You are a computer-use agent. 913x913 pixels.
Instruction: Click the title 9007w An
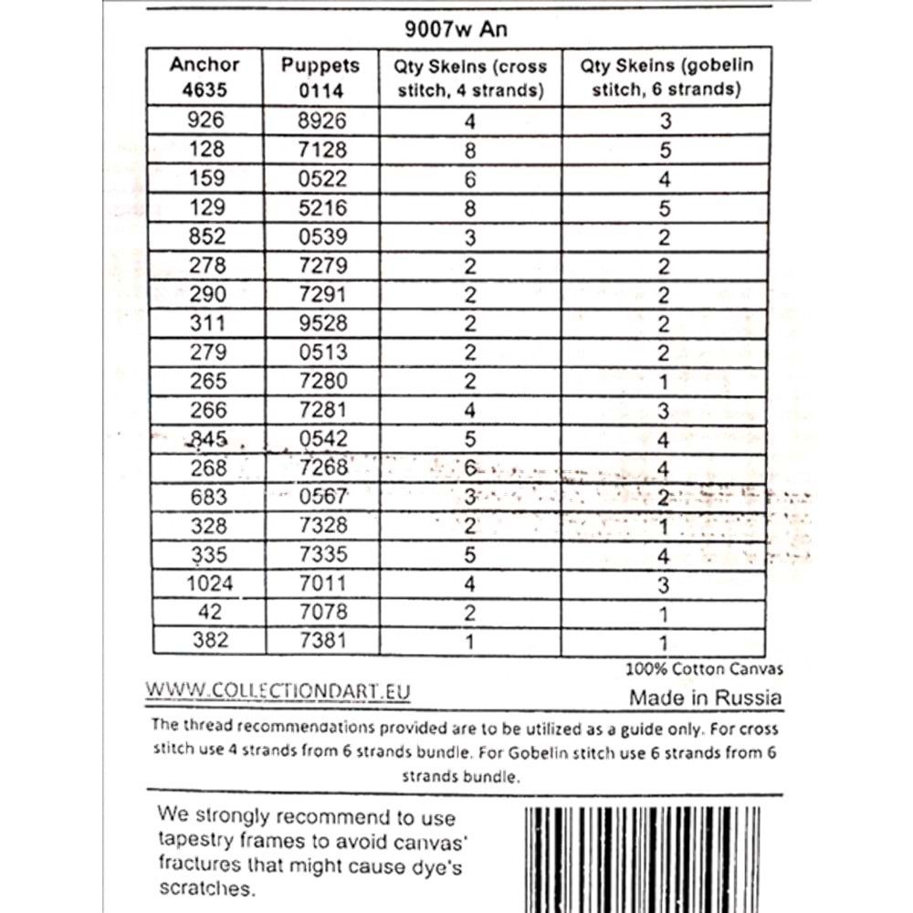tap(456, 28)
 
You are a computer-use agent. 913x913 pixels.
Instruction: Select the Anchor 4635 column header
tap(205, 77)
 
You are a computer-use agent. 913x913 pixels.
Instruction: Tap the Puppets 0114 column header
tap(320, 78)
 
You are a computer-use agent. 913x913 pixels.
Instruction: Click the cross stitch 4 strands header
tap(470, 78)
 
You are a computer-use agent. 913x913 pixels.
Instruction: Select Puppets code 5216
tap(323, 208)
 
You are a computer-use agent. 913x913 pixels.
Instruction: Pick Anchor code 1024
tap(208, 582)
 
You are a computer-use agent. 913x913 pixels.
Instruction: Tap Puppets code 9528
tap(323, 323)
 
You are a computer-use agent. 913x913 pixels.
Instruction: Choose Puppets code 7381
tap(323, 640)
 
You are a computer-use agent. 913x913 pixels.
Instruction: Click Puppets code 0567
tap(323, 497)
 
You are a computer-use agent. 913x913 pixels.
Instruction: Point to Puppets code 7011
tap(323, 582)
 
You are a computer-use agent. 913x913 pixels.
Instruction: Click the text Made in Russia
tap(705, 698)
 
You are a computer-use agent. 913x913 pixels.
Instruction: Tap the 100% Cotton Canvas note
tap(704, 668)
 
